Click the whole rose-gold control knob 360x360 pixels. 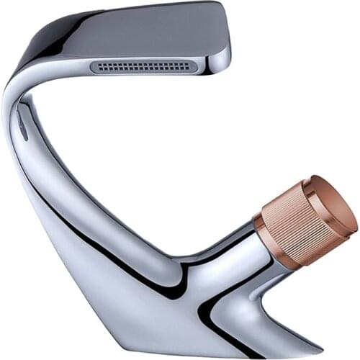click(x=302, y=220)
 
